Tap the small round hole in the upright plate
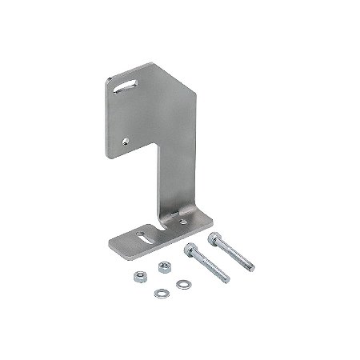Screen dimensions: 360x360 pos(126,140)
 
